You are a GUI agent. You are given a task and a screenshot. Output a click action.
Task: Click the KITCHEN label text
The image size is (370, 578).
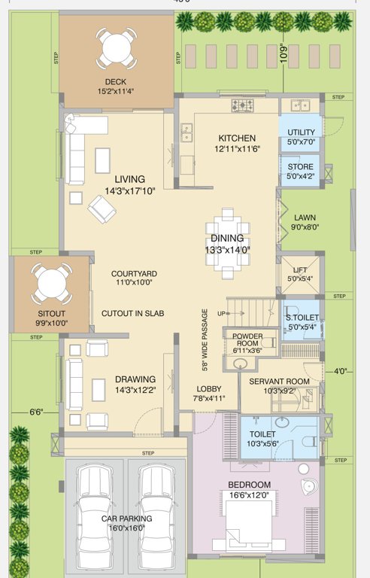point(237,138)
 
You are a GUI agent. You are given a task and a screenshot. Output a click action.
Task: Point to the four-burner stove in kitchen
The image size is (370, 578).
point(242,106)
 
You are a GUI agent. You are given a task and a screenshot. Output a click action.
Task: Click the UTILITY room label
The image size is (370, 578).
point(300,132)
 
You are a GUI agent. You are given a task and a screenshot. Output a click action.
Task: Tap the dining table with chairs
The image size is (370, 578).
point(226,239)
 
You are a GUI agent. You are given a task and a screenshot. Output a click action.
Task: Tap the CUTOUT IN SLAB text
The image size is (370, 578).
point(132,312)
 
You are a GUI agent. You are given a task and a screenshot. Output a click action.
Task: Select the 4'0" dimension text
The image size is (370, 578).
point(342,371)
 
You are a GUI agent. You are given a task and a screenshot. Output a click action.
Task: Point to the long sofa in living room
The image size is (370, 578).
point(74,151)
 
